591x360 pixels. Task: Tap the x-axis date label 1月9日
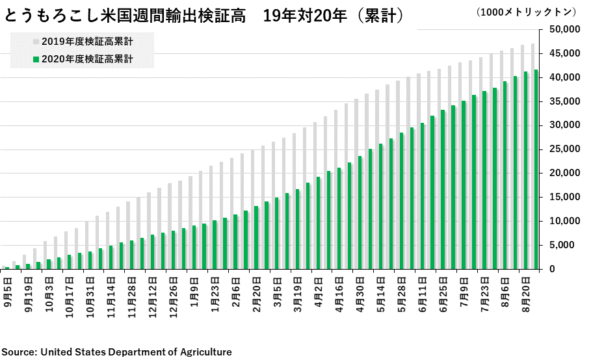pos(194,294)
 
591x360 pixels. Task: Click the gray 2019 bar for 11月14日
pos(107,240)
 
